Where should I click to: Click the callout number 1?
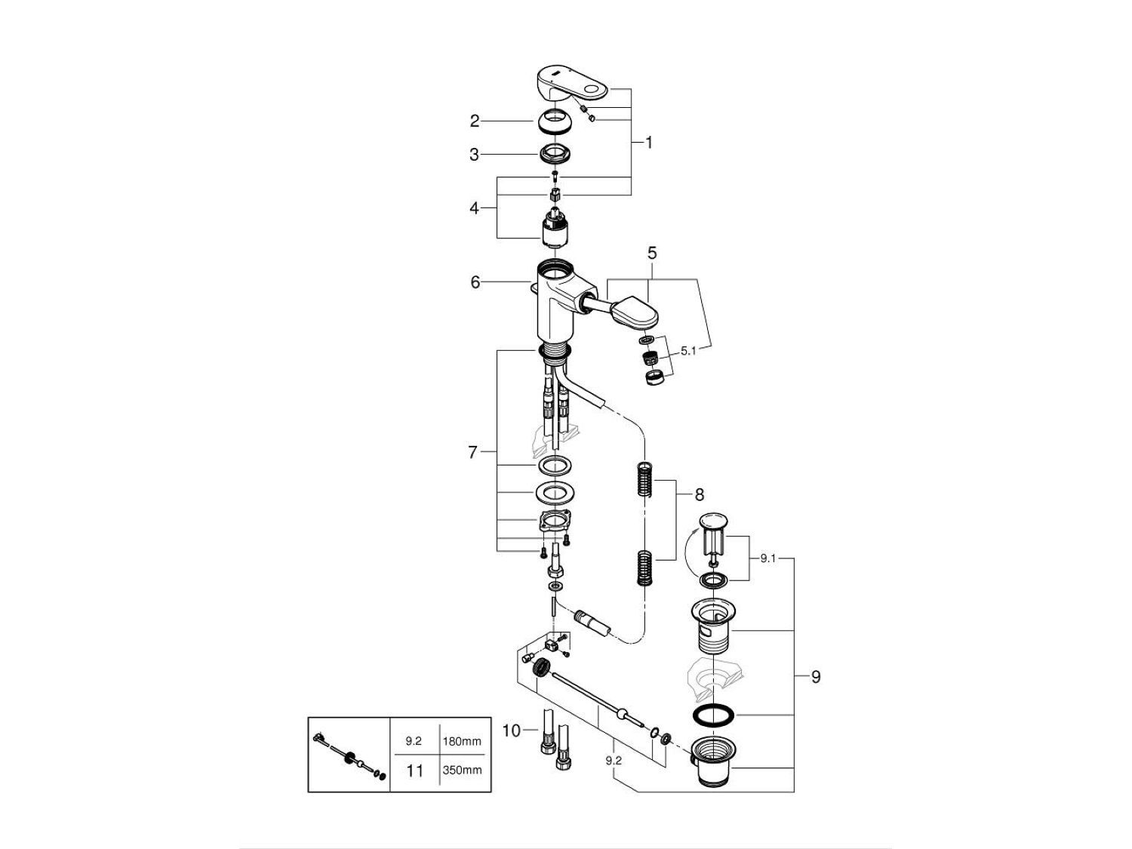tap(649, 142)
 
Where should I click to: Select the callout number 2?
tap(475, 121)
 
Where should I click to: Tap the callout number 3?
tap(475, 155)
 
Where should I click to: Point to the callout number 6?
tap(475, 282)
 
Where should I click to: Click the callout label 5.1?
tap(689, 351)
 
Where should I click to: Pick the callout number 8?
tap(699, 495)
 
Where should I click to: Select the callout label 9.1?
tap(768, 558)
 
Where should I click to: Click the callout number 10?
tap(512, 730)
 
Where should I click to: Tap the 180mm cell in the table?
tap(462, 742)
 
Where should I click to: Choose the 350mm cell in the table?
tap(462, 771)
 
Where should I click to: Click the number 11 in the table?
tap(414, 771)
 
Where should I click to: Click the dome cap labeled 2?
tap(555, 121)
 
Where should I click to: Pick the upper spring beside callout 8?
tap(643, 479)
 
